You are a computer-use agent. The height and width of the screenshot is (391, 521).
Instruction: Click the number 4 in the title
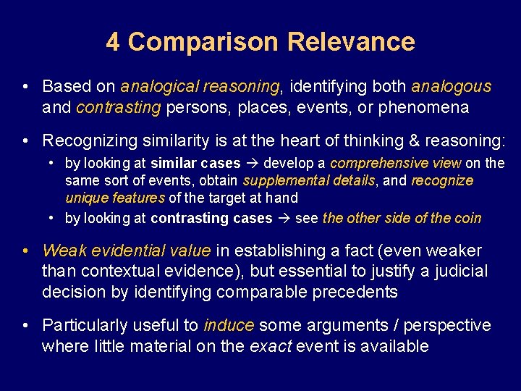pos(113,42)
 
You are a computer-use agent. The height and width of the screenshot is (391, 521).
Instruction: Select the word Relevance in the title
pos(351,42)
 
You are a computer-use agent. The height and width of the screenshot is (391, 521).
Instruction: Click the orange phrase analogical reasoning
pos(200,87)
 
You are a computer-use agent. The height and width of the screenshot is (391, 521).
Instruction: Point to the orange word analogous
pos(451,87)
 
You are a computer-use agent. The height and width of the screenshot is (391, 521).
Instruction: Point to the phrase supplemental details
pos(310,180)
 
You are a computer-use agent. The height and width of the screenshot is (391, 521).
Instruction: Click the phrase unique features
pos(115,197)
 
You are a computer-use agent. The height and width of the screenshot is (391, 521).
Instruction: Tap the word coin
pos(467,218)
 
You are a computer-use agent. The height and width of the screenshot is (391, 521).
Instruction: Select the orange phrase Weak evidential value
pos(127,251)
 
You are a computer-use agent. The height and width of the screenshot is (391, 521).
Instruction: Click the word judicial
pos(460,272)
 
